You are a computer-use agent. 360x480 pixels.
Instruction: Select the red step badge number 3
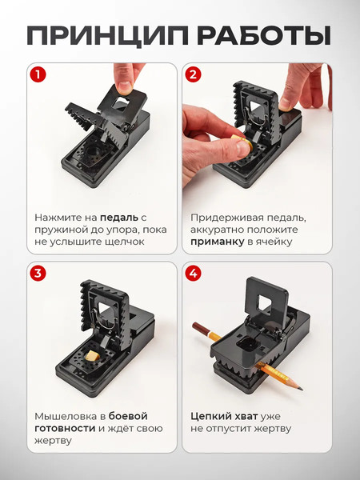[38, 273]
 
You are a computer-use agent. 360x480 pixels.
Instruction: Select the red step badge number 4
[193, 273]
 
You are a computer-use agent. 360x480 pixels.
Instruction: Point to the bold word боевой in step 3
[128, 416]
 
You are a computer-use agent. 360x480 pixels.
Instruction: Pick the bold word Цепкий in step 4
[211, 416]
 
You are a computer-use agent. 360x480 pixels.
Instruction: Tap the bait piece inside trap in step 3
[93, 354]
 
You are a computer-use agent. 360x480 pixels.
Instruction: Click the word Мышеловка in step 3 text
[66, 416]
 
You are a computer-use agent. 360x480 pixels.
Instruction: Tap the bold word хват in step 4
[247, 416]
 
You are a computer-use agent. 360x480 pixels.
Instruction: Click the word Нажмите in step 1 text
[60, 217]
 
